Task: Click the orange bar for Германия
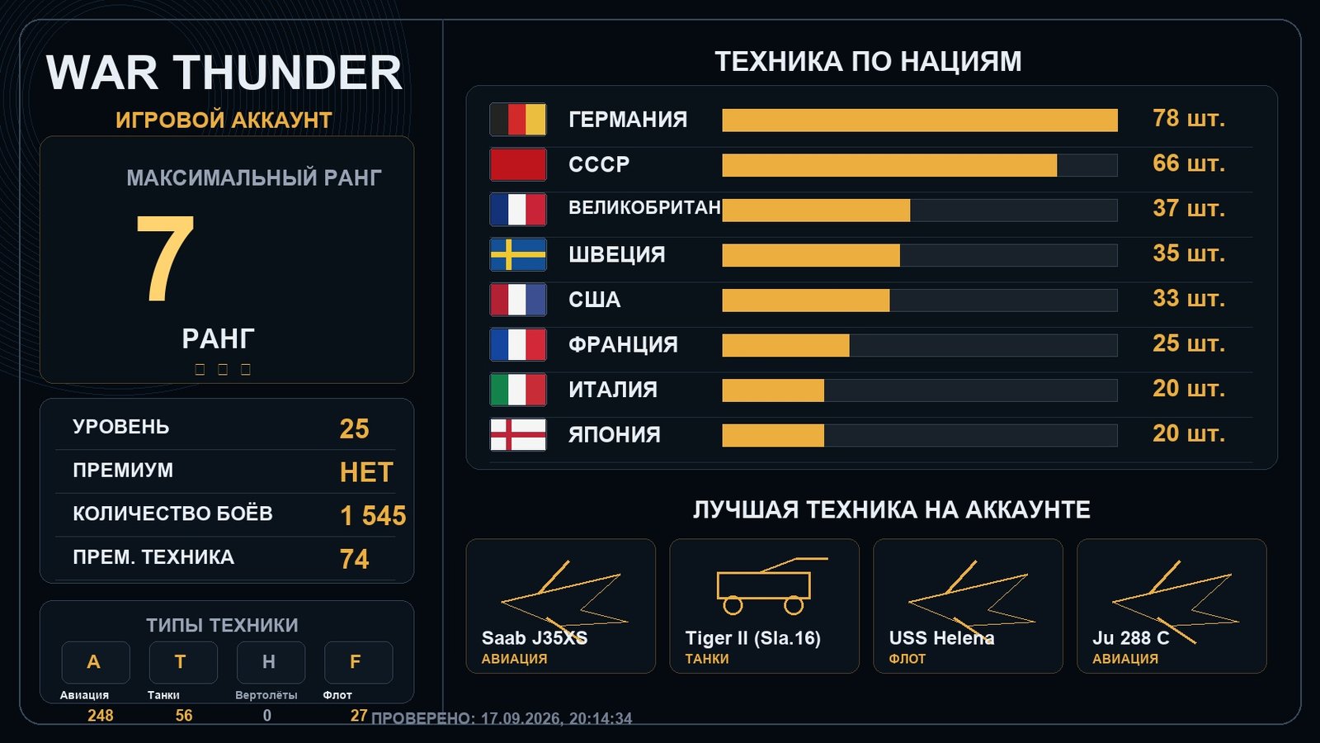(x=919, y=121)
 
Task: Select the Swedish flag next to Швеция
(x=518, y=255)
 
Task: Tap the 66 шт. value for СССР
(x=1189, y=163)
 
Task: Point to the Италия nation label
(x=613, y=390)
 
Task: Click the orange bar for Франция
(x=785, y=346)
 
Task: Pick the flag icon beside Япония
(x=518, y=434)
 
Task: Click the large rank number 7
(x=165, y=258)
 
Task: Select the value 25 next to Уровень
(x=354, y=428)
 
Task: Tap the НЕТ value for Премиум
(x=366, y=472)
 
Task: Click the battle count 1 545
(x=373, y=516)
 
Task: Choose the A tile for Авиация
(x=96, y=662)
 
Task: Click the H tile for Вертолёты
(x=271, y=662)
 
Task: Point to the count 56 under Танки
(x=184, y=715)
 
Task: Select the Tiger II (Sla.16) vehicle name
(x=752, y=638)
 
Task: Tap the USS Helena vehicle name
(x=941, y=638)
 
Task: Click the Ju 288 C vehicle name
(x=1130, y=638)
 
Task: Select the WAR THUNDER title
(x=224, y=73)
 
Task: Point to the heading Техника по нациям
(x=868, y=61)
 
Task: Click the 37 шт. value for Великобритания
(x=1189, y=208)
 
